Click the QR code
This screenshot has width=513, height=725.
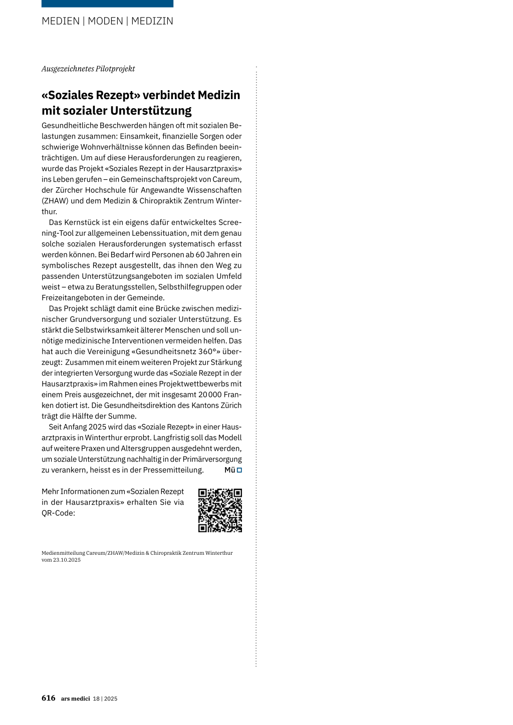coord(220,510)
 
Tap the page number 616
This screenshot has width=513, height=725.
coord(49,698)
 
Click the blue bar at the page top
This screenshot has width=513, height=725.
coord(107,4)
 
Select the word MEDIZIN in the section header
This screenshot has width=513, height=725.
coord(152,21)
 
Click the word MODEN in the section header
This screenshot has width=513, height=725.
coord(105,21)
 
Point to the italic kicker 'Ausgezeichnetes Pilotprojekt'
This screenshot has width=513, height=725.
coord(88,69)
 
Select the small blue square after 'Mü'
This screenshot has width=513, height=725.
coord(239,470)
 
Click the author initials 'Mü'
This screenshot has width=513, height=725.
coord(229,470)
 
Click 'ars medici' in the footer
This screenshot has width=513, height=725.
coord(76,698)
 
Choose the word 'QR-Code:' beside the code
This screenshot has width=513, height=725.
coord(58,513)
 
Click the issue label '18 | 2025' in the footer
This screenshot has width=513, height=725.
coord(105,698)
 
